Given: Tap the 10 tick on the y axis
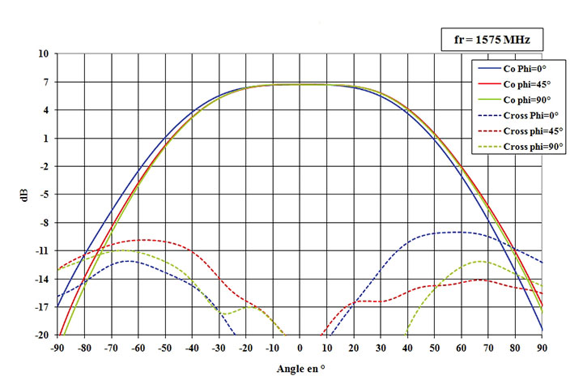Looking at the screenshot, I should tap(44, 53).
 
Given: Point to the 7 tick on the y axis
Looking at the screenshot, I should tap(46, 82).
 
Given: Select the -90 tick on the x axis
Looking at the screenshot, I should tap(57, 348).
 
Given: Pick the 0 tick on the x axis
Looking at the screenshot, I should tap(300, 348).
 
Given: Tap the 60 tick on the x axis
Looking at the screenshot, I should tap(462, 348).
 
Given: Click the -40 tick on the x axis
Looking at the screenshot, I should tap(192, 348).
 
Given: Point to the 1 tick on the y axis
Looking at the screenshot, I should tap(46, 139).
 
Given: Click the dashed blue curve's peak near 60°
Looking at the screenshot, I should tap(457, 232).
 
